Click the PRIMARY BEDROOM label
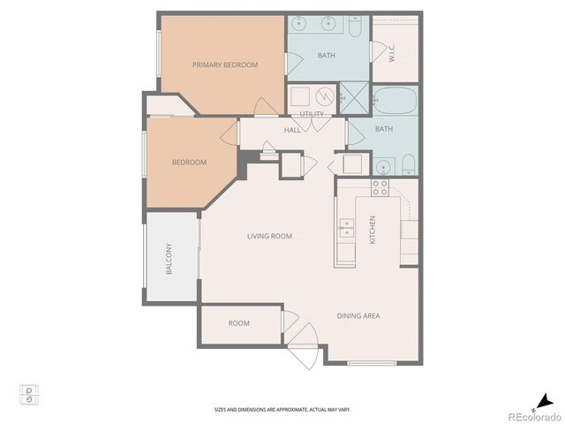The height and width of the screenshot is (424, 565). (x=225, y=65)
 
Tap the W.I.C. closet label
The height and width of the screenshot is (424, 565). (x=392, y=53)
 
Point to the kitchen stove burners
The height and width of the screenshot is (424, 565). (x=380, y=187)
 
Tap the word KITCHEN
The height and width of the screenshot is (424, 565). (x=373, y=230)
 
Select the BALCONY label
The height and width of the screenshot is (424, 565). (x=169, y=258)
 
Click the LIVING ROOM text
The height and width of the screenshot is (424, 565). (x=269, y=236)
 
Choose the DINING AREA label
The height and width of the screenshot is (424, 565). (x=358, y=315)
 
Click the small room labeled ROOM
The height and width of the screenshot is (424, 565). (x=239, y=323)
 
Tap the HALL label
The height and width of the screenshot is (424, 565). (x=292, y=130)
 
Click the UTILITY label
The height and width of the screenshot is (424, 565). (x=312, y=115)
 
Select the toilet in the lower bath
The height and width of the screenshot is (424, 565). (x=408, y=163)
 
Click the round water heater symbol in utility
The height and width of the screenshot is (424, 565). (x=324, y=96)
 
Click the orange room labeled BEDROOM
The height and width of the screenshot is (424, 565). (x=189, y=163)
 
